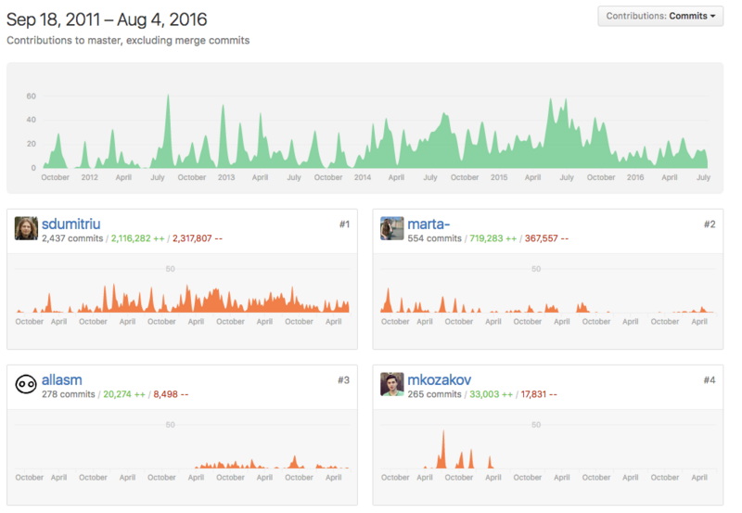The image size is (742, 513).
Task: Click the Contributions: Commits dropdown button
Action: [x=660, y=16]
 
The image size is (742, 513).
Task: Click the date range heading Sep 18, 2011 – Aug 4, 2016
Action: [x=107, y=19]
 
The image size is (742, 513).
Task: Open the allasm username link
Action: [x=62, y=379]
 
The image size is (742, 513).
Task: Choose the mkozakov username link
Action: [x=441, y=379]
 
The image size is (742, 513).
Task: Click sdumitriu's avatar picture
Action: [x=26, y=228]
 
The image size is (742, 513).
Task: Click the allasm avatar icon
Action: [x=26, y=384]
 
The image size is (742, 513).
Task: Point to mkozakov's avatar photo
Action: [x=391, y=384]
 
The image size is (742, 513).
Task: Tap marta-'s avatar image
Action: [x=391, y=228]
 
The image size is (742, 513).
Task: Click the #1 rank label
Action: [x=343, y=224]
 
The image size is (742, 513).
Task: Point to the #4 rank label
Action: [x=709, y=379]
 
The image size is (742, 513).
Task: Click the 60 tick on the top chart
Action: [x=31, y=96]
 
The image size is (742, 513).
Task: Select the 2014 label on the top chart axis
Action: [x=362, y=177]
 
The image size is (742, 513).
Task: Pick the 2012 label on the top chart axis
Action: [x=89, y=177]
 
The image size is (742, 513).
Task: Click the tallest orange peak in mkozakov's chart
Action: [x=443, y=432]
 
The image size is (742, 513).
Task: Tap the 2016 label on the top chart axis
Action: [x=634, y=177]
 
